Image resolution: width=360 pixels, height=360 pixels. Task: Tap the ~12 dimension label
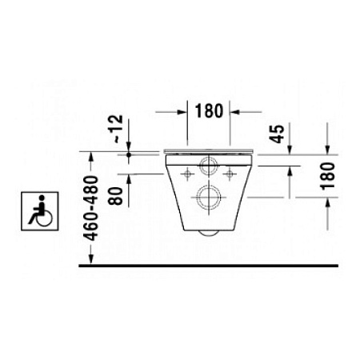118,130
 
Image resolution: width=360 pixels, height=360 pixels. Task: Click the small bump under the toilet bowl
209,233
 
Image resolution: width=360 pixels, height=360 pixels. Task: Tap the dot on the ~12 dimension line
129,154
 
